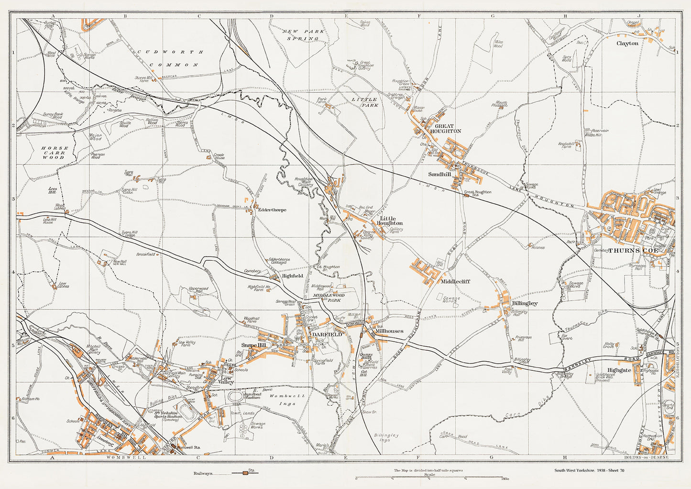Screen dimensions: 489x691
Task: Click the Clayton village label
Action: point(627,43)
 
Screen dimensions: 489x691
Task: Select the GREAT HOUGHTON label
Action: point(445,128)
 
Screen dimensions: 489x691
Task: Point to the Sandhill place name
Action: point(439,175)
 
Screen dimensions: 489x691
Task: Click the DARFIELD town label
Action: point(327,334)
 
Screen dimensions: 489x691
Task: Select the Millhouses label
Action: point(389,331)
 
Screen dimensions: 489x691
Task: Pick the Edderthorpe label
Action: point(272,210)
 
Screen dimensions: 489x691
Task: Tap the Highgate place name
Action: point(619,370)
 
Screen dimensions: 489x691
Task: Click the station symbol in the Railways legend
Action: point(245,473)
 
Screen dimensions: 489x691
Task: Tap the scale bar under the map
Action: point(429,478)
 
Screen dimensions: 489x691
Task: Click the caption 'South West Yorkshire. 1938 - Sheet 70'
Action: point(589,470)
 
